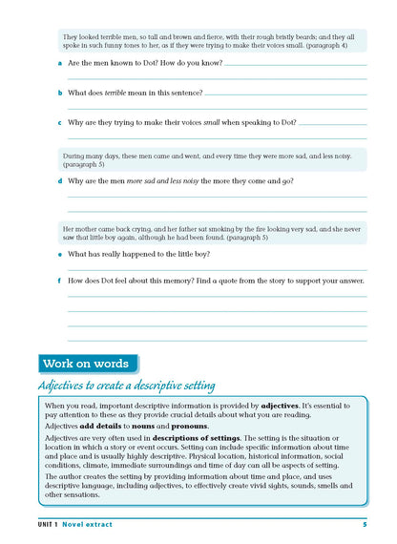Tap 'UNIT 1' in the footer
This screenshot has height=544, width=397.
click(45, 526)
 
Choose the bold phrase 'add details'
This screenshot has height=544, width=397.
click(107, 427)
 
